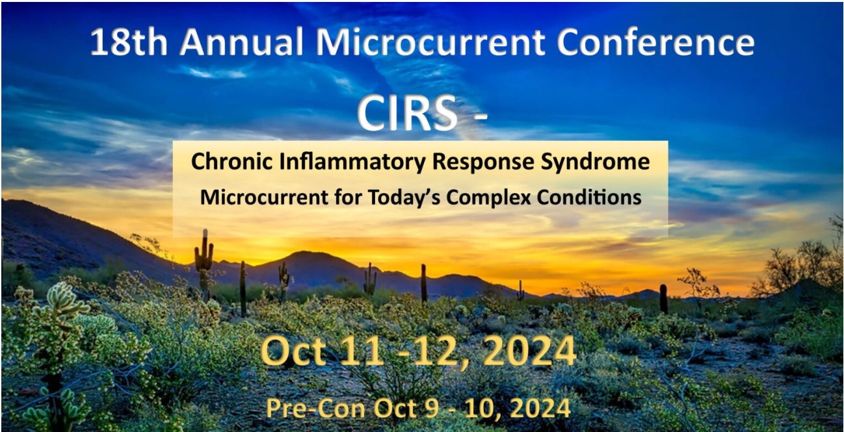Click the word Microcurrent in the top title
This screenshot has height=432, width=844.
coord(430,42)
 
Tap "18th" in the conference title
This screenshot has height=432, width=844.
coord(129,42)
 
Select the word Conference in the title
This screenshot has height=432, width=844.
coord(656,42)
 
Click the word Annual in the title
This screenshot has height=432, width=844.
coord(241,42)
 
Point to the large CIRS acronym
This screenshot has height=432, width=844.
coord(407,113)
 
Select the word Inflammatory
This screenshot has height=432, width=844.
coord(352,162)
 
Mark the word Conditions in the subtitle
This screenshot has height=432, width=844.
coord(589,197)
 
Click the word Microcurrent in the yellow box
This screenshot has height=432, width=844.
coord(264,197)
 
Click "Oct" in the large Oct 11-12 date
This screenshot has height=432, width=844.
coord(293,352)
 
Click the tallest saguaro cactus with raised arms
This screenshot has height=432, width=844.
coord(204,263)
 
